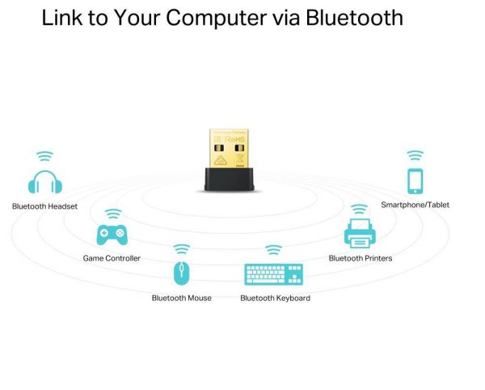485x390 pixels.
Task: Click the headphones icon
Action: click(44, 182)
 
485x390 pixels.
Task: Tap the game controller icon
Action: click(112, 235)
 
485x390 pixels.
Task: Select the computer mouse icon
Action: click(182, 273)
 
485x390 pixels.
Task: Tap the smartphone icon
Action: click(415, 180)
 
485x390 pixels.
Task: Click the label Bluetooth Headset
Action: click(44, 206)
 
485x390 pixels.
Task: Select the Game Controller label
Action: click(112, 258)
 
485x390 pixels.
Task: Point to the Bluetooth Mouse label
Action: click(182, 298)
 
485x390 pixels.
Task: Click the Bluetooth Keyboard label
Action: click(275, 298)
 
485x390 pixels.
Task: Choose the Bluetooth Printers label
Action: click(361, 258)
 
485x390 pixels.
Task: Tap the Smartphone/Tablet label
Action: click(415, 205)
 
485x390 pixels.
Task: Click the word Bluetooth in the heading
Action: click(354, 18)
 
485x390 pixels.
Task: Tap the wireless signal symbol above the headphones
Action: click(45, 155)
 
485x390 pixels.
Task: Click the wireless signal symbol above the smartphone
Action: click(415, 155)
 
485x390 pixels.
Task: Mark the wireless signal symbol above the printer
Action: click(359, 209)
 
